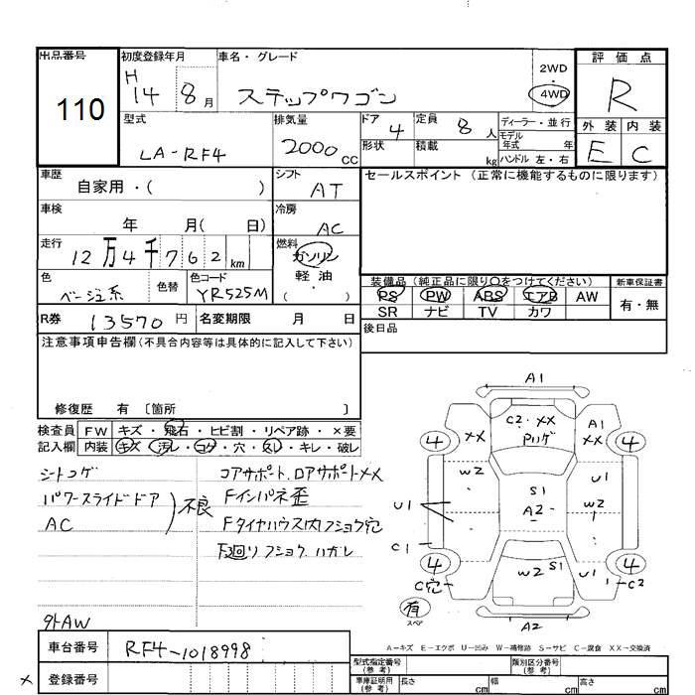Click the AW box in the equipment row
[x=587, y=295]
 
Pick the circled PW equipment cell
[x=435, y=295]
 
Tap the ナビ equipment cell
[x=435, y=312]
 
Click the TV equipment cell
[x=486, y=312]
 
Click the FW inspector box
[x=96, y=431]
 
